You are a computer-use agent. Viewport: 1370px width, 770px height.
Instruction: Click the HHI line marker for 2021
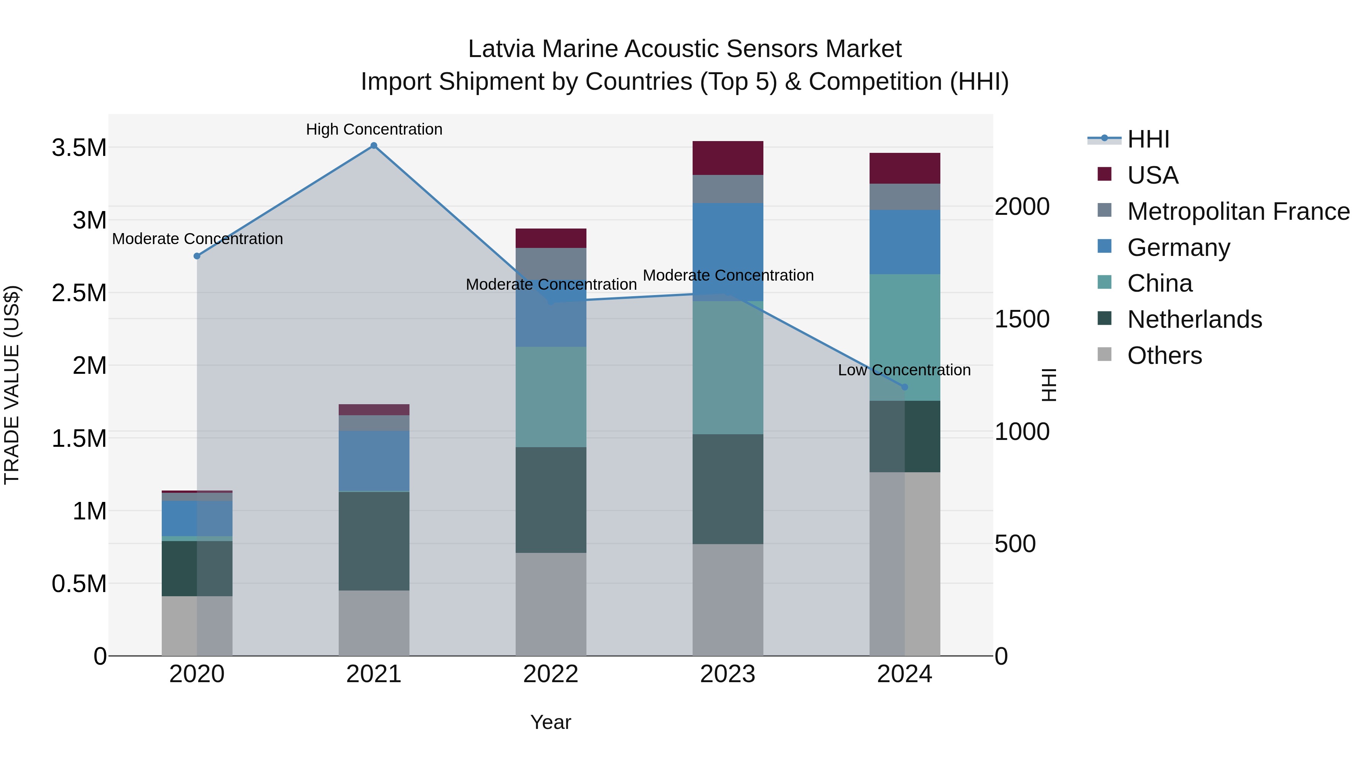click(x=374, y=146)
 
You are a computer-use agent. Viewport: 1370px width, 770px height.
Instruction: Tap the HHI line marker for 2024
click(x=905, y=387)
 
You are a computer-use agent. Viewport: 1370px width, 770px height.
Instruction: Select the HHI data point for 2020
click(x=197, y=256)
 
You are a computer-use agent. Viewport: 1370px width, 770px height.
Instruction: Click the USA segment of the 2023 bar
click(x=728, y=158)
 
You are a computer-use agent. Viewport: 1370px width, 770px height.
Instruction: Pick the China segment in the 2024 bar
click(x=905, y=337)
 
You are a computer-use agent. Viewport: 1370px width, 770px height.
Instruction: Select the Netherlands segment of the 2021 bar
click(x=374, y=541)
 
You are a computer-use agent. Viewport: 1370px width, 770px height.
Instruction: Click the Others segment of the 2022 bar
click(x=551, y=604)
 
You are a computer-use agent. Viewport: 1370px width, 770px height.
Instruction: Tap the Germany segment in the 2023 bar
click(x=728, y=252)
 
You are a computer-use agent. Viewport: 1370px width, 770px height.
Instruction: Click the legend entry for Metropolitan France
click(x=1238, y=211)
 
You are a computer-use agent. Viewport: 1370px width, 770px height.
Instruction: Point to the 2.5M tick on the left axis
click(x=79, y=293)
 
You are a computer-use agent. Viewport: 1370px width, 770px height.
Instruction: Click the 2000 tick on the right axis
click(x=1022, y=207)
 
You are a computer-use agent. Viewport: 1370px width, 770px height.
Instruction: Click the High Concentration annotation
click(x=374, y=129)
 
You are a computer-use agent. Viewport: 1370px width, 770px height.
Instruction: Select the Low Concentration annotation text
click(x=904, y=370)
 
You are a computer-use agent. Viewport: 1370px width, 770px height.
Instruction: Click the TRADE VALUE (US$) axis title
click(x=12, y=385)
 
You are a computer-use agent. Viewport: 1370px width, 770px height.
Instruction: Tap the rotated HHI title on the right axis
click(x=1048, y=385)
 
